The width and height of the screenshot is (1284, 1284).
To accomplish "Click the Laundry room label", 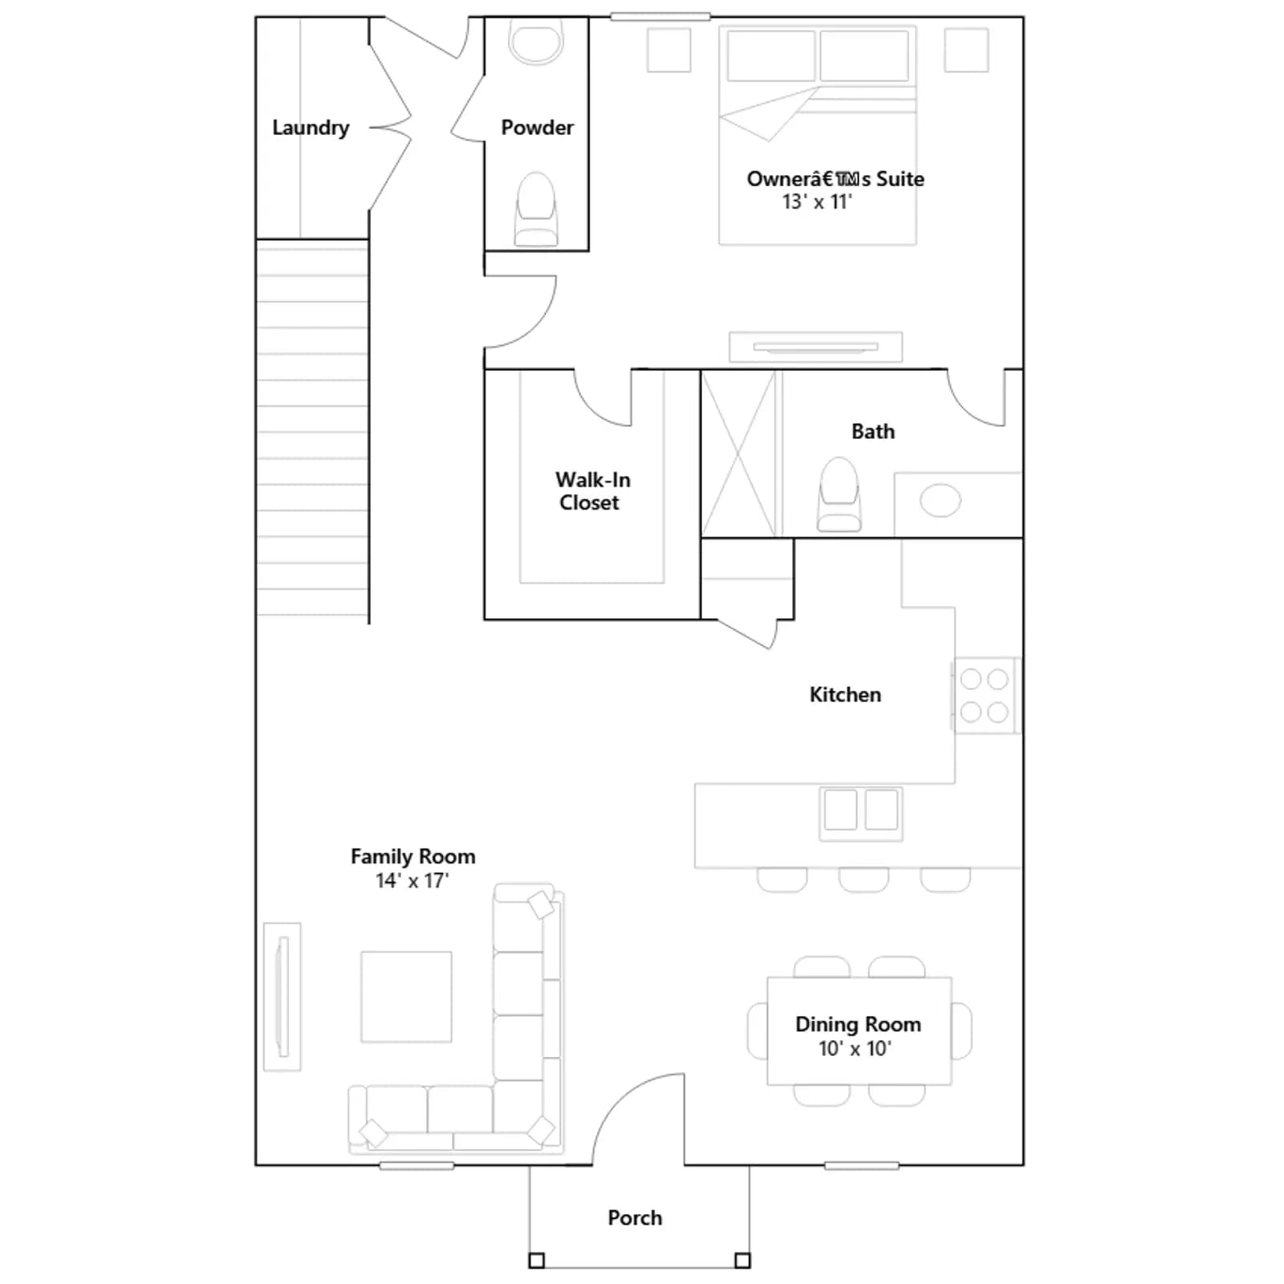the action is [x=311, y=128].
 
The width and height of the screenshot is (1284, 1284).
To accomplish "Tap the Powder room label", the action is [x=537, y=128].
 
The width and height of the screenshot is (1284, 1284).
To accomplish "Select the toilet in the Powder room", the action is [x=536, y=209].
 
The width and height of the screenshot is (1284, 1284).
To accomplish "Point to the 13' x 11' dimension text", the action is [x=817, y=201].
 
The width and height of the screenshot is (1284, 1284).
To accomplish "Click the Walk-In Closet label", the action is [x=592, y=491].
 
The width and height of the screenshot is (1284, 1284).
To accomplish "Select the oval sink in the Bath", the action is [x=940, y=501].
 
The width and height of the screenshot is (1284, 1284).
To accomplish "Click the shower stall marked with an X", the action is [x=739, y=453].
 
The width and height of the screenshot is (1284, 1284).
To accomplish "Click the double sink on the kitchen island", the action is [x=860, y=813].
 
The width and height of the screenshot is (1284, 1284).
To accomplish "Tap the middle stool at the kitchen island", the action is [x=863, y=880].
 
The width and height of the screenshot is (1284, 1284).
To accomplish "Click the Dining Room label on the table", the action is [x=858, y=1024].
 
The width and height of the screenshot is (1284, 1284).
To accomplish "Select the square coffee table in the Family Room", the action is [x=406, y=997].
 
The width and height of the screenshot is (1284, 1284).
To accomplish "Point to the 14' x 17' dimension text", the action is [x=412, y=880].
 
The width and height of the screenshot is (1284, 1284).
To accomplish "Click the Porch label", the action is [x=635, y=1218].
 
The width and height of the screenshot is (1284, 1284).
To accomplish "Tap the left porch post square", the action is [x=537, y=1261].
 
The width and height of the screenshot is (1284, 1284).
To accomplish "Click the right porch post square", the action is [x=743, y=1261].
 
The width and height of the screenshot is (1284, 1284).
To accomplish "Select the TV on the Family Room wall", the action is [x=282, y=997].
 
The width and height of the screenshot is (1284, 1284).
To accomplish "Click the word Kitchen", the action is [x=845, y=695].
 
